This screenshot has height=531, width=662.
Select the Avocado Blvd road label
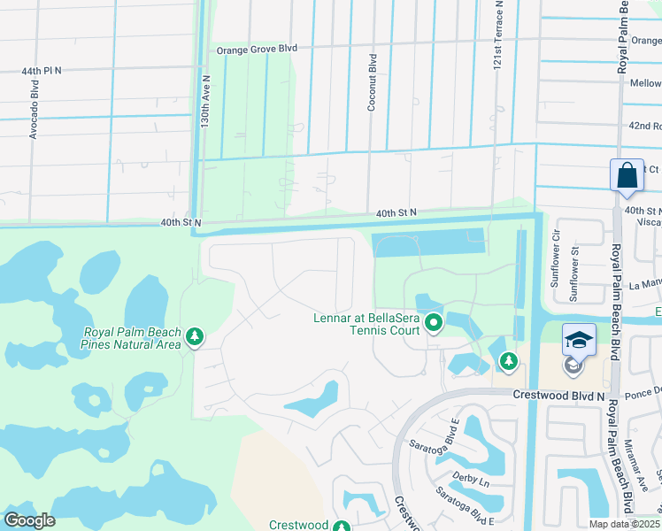(x=35, y=111)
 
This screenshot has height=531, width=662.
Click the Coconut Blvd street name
(x=373, y=82)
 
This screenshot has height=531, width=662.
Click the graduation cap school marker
(x=578, y=342)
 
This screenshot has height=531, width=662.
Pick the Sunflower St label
(x=574, y=276)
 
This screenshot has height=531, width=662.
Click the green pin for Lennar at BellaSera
(x=433, y=325)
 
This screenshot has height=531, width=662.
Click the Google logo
(x=29, y=520)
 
